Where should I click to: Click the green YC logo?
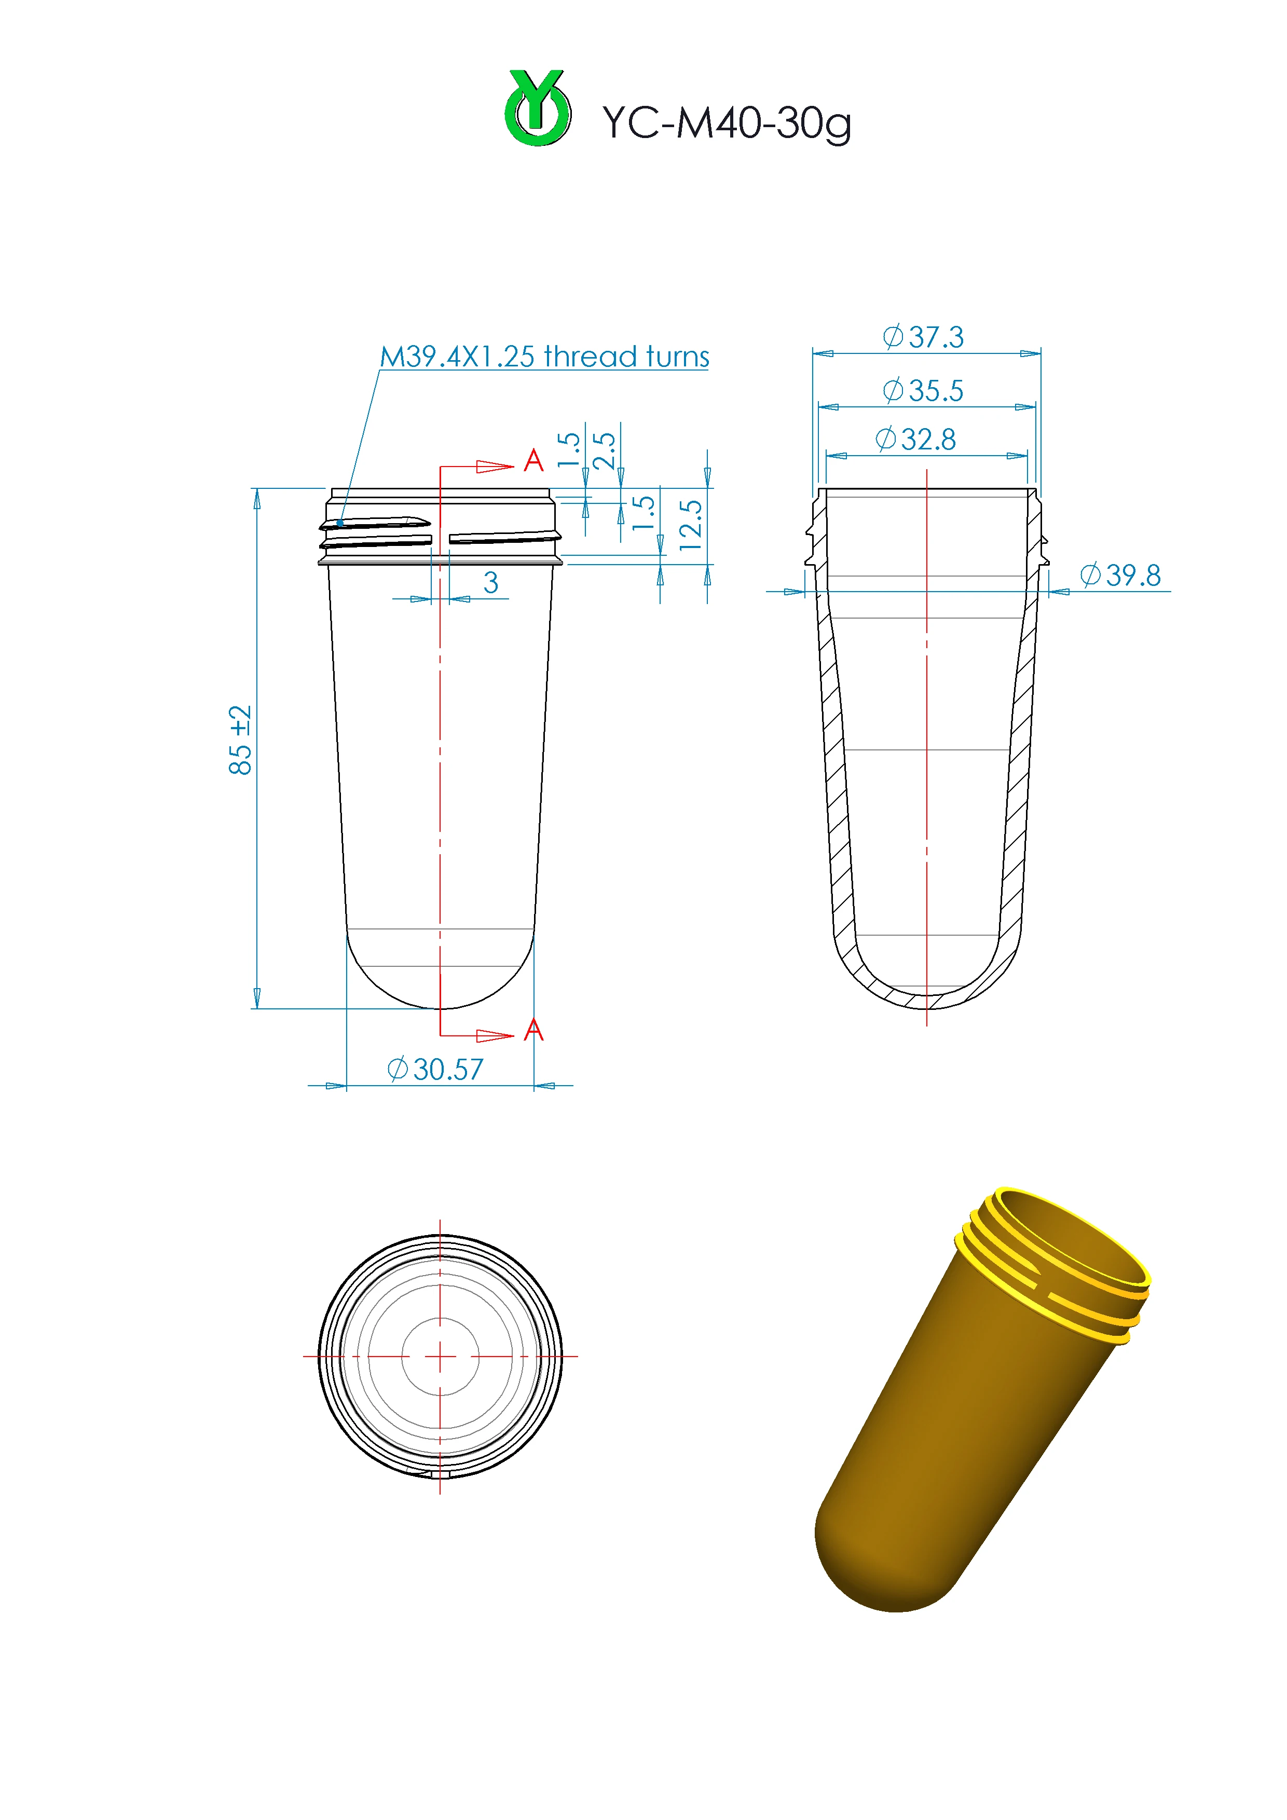tap(537, 108)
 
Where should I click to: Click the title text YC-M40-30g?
tap(727, 124)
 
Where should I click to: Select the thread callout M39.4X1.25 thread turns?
tap(544, 357)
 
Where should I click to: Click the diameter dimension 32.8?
tap(915, 439)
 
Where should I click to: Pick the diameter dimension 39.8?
tap(1120, 576)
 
